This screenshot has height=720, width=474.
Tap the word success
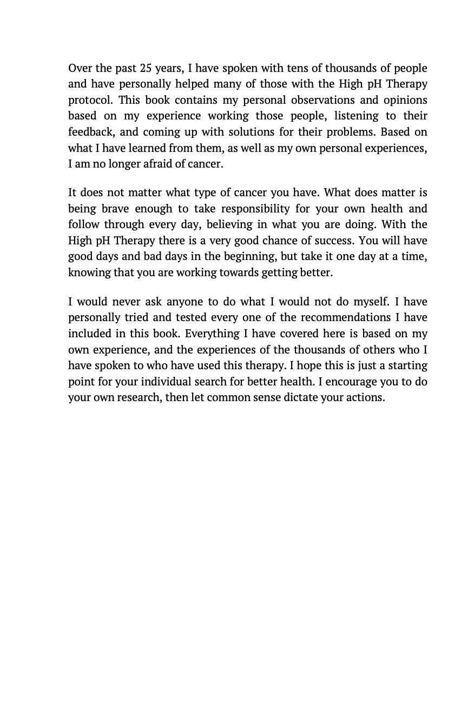click(x=334, y=241)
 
